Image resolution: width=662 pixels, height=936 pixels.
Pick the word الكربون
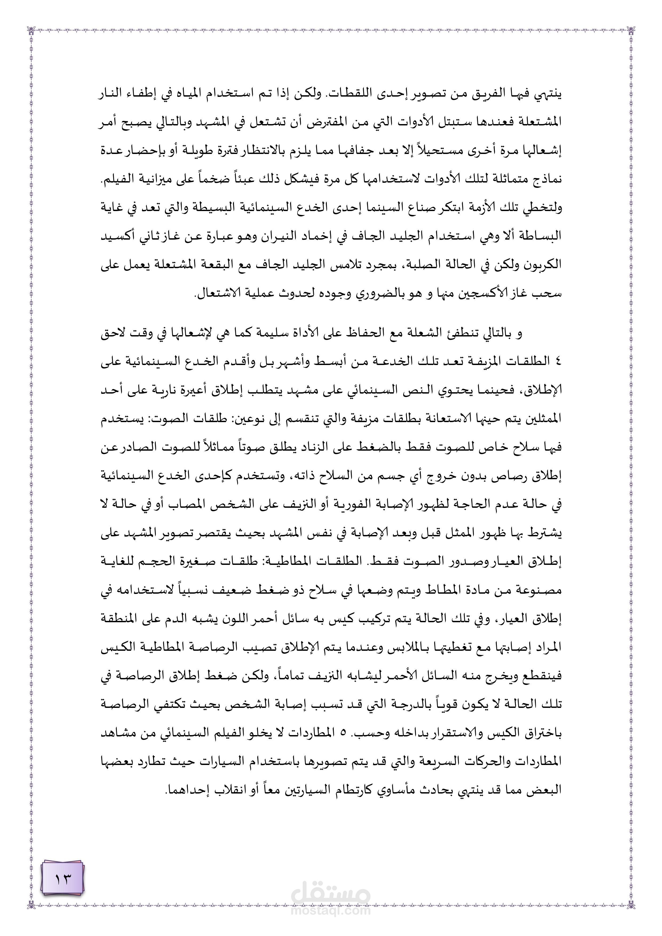tap(546, 265)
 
